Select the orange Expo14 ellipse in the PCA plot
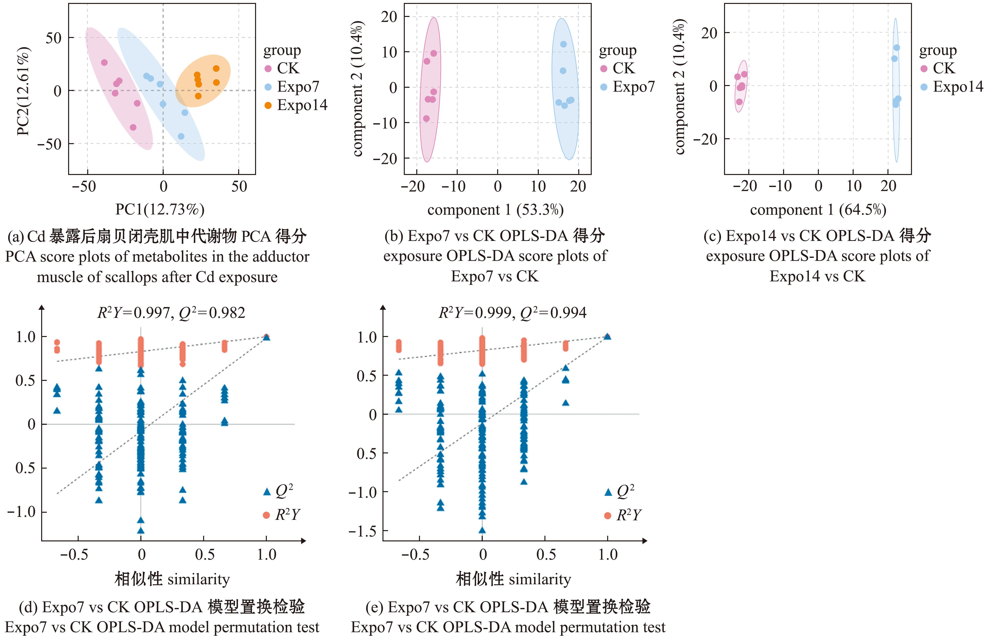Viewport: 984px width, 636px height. [203, 81]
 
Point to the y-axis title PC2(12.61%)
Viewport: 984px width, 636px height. [23, 91]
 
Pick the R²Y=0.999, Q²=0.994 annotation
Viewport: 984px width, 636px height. [512, 313]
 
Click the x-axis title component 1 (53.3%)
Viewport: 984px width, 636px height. [495, 210]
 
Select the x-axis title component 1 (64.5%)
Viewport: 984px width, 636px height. [818, 210]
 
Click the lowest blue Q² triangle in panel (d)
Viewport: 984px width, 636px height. [141, 531]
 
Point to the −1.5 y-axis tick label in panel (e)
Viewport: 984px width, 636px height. [362, 531]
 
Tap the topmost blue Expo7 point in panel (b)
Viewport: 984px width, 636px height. [563, 44]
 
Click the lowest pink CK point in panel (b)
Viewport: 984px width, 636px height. [426, 119]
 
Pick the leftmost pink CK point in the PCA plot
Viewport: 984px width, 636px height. [104, 62]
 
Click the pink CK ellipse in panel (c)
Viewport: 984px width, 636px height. [741, 86]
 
